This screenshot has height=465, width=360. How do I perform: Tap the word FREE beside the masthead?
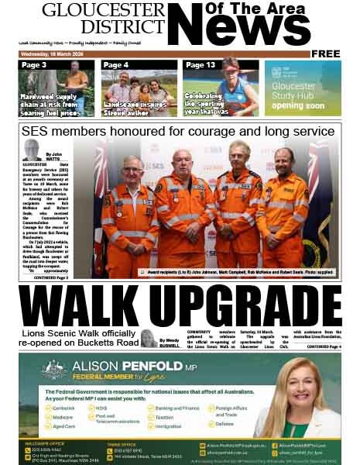(x=326, y=53)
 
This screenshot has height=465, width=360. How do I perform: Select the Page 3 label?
(x=33, y=65)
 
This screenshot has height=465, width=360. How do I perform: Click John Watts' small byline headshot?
(x=32, y=150)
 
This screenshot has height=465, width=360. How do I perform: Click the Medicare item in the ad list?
(x=64, y=416)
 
